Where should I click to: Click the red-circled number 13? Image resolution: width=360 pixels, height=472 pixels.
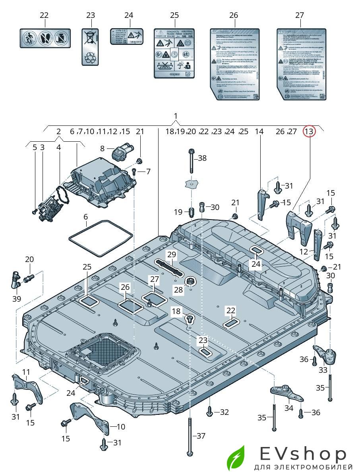click(309, 131)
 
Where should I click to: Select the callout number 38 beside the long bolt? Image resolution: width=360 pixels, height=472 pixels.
click(202, 158)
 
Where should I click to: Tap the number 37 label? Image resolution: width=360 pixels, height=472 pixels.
click(201, 436)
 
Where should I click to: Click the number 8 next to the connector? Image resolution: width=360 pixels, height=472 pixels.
click(102, 148)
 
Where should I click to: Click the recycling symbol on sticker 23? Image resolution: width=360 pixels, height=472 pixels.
click(91, 58)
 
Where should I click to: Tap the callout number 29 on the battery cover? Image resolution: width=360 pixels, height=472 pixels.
click(171, 254)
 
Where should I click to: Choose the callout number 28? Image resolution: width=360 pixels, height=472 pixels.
click(178, 290)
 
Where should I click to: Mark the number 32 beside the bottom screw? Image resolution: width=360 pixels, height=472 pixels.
click(224, 412)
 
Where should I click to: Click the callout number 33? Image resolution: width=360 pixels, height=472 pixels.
click(323, 370)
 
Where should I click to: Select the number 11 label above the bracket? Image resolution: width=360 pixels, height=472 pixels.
click(26, 372)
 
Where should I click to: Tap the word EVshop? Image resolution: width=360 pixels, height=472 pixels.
click(304, 453)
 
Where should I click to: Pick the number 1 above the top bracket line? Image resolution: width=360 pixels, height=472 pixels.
click(176, 116)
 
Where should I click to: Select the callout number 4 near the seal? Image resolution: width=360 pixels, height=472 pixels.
click(58, 147)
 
